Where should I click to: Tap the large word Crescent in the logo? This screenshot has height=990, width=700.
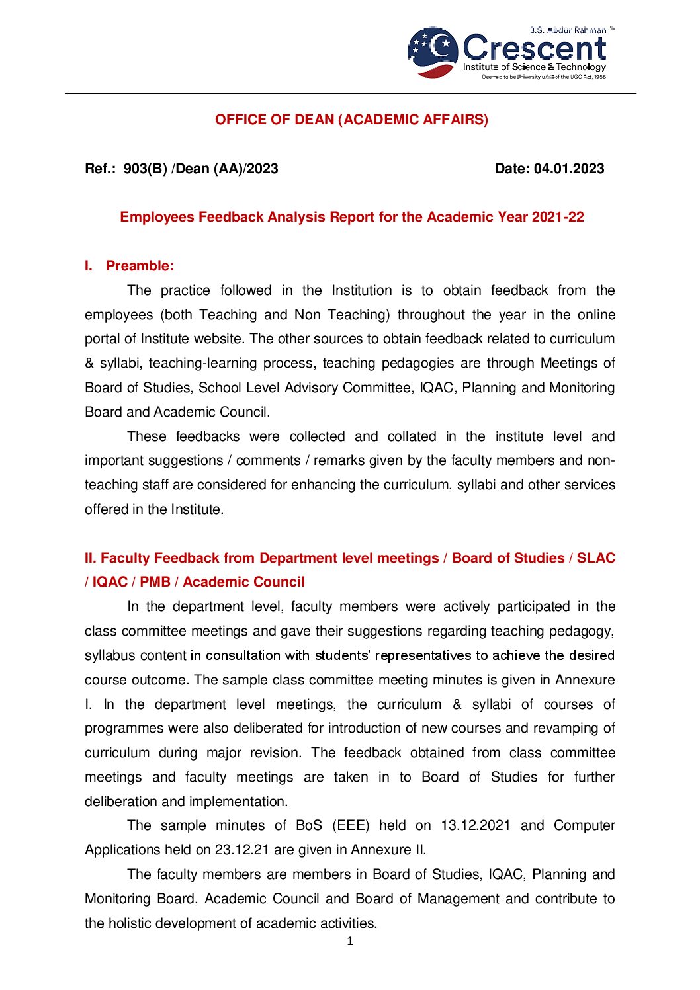[x=534, y=49]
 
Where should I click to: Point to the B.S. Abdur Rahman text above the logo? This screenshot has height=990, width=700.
[x=568, y=30]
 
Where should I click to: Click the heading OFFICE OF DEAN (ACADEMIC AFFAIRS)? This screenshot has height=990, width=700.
[x=351, y=120]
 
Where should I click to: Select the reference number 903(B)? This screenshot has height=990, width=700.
[x=145, y=169]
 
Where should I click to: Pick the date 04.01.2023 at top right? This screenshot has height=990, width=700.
[x=569, y=169]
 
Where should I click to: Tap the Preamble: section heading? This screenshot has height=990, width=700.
[x=140, y=266]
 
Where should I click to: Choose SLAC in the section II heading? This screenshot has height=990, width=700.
[x=595, y=558]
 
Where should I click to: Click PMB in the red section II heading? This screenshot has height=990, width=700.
[x=155, y=582]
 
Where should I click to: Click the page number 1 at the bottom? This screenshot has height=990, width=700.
[x=350, y=941]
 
